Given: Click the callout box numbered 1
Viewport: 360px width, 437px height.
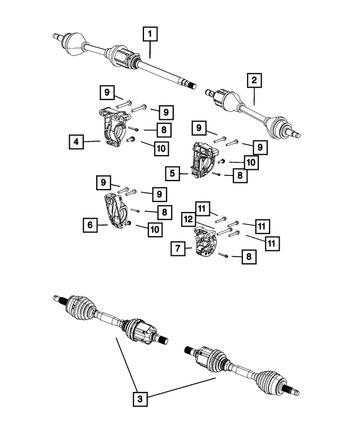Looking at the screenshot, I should coord(150,35).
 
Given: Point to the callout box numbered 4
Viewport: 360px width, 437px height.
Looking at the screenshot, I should coord(78,142).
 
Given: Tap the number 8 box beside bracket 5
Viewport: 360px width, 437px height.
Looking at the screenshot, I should coord(241,176).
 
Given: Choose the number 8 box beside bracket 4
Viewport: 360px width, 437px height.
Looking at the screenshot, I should coord(163,130).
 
